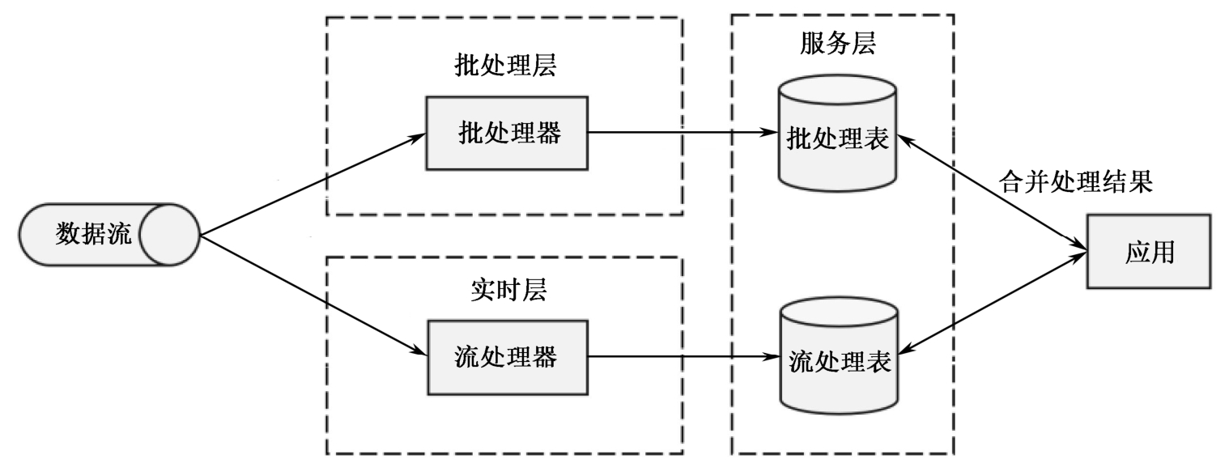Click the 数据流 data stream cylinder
tap(108, 236)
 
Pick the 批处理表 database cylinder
tap(837, 138)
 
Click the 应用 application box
tap(1149, 252)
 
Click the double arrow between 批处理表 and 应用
tap(992, 189)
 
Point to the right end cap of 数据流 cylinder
tap(171, 236)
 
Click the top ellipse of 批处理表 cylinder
tap(837, 90)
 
